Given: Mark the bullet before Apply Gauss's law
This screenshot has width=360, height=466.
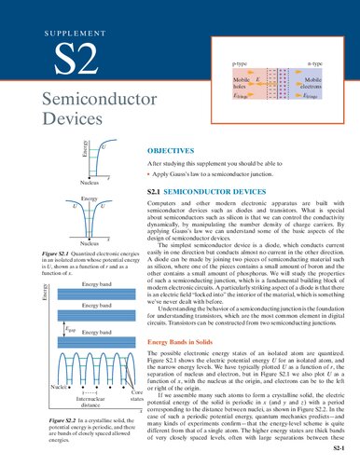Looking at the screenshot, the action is click(x=152, y=173).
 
